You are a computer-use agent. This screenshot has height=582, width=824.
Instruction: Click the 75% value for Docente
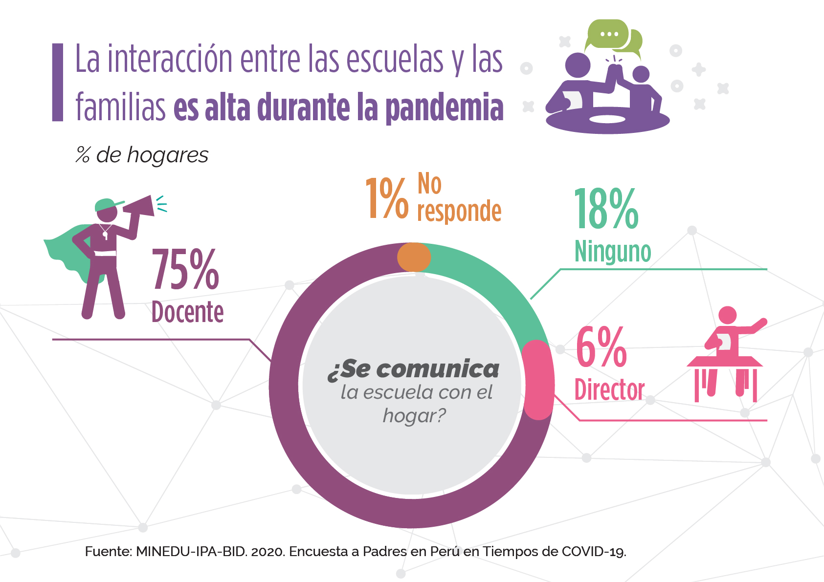click(x=185, y=270)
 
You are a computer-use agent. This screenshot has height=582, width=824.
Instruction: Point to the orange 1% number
click(x=386, y=198)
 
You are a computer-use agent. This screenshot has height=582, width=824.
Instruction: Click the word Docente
click(x=187, y=312)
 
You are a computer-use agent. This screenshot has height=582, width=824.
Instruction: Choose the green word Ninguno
click(x=612, y=252)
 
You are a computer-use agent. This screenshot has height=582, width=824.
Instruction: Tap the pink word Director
click(x=609, y=390)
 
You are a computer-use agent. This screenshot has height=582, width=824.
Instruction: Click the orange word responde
click(x=459, y=211)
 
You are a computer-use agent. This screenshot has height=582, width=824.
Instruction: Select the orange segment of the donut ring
click(x=414, y=257)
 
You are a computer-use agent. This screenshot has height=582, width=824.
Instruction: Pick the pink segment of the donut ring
click(x=538, y=380)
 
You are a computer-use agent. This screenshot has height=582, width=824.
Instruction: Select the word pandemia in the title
click(x=445, y=108)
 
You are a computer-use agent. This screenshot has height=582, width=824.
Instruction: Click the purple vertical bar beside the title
click(x=58, y=82)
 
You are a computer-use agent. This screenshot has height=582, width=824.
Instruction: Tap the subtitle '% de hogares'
click(x=142, y=155)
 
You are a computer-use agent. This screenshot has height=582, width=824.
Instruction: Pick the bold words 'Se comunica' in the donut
click(x=414, y=369)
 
